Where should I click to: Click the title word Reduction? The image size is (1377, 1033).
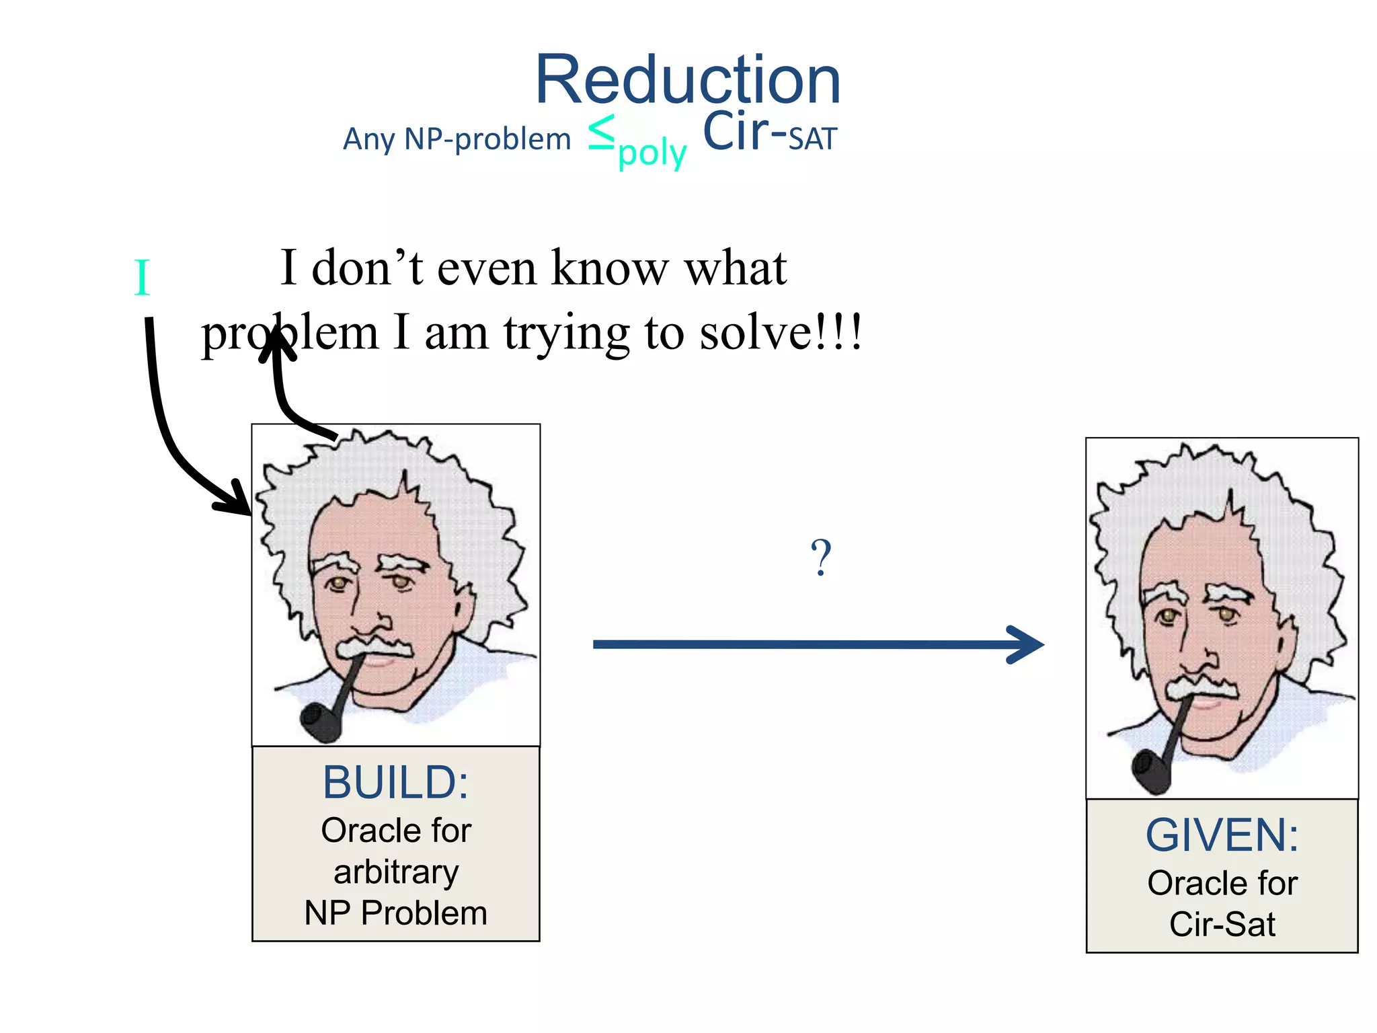(687, 81)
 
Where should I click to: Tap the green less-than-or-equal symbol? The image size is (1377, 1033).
(601, 132)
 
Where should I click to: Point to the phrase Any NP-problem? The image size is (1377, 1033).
(457, 140)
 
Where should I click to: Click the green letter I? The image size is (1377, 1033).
(141, 278)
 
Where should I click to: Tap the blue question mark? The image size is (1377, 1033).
(820, 558)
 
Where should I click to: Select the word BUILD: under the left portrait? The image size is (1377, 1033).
(395, 783)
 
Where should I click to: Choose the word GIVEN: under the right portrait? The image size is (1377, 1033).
(1222, 835)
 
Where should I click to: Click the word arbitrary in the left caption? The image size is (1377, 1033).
(396, 872)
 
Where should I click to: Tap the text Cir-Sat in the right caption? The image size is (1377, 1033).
(1222, 924)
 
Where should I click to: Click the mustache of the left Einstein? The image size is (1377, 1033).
(373, 647)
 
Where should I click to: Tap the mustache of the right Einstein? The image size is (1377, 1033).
(1202, 687)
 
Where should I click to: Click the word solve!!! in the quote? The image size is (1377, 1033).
(780, 333)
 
